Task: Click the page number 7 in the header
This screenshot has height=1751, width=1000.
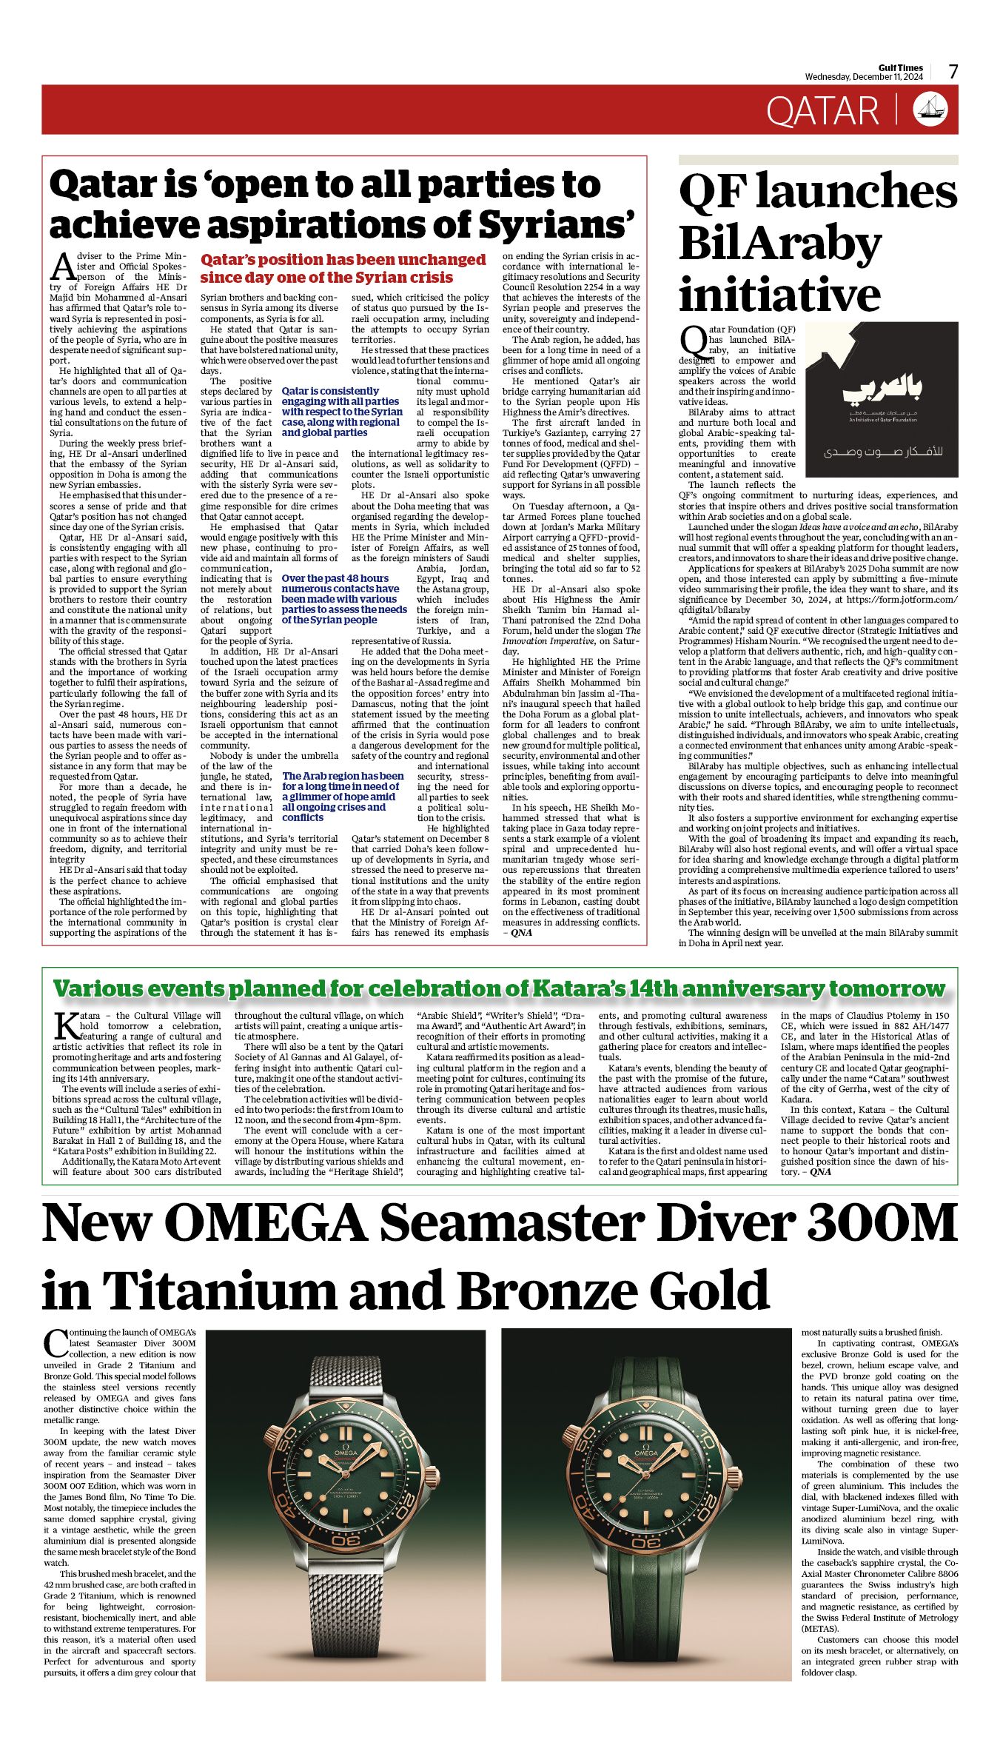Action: pos(953,72)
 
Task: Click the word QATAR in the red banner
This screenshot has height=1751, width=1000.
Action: pos(822,111)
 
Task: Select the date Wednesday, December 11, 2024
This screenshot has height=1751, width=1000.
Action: pos(864,77)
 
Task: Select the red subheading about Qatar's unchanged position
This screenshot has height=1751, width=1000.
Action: pos(343,269)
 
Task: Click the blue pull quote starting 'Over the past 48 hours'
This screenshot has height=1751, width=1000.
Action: pos(343,599)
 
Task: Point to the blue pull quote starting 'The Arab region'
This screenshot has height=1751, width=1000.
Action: pos(343,797)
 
